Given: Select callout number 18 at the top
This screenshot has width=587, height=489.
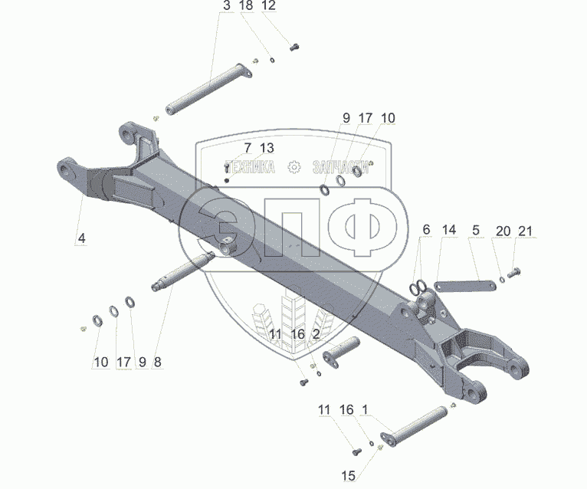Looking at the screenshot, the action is point(245,6).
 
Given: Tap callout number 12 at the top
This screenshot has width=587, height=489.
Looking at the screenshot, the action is point(268,6).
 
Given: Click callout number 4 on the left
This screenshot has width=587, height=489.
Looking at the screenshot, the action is point(80,238).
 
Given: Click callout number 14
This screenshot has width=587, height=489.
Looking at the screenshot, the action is point(449,229).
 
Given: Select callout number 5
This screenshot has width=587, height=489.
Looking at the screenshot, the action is point(476,229).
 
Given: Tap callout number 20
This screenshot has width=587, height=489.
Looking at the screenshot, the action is point(502,231).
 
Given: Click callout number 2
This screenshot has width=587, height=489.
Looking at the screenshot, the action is point(316,334).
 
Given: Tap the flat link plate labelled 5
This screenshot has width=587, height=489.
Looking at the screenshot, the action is point(461,286).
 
